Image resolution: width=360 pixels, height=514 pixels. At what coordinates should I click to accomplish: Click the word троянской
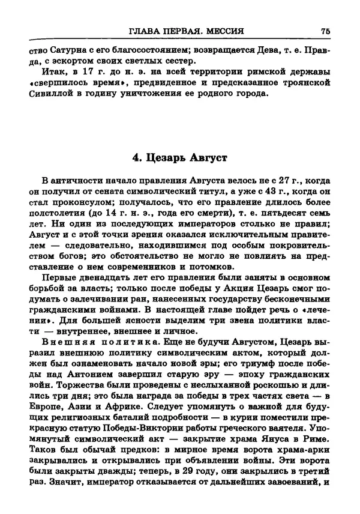[x=304, y=83]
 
